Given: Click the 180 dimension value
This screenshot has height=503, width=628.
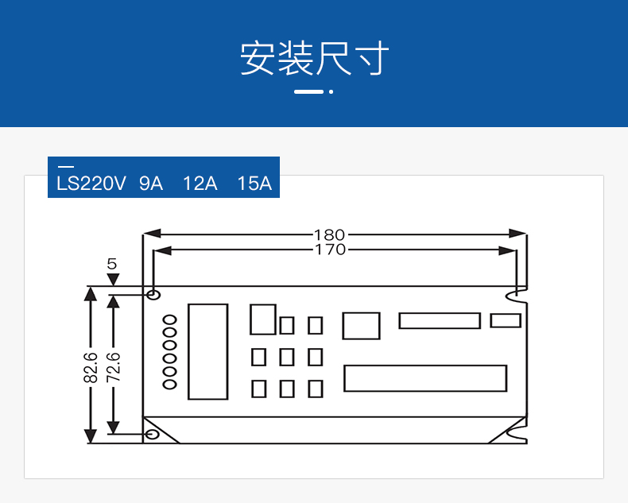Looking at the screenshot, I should tap(329, 234).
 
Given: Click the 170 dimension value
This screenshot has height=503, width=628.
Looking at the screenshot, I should tap(329, 250).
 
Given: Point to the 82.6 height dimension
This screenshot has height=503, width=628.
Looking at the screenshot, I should tap(90, 367).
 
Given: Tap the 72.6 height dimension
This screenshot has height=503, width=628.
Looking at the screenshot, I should tap(113, 367).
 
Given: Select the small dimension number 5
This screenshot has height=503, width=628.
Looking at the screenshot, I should tap(111, 263).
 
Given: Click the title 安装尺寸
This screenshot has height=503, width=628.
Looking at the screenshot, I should tap(314, 59).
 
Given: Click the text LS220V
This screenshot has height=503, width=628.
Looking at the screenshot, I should tap(91, 184).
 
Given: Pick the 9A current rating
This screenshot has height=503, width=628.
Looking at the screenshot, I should tap(151, 184).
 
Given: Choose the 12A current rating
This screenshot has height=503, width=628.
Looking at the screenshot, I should tap(200, 184).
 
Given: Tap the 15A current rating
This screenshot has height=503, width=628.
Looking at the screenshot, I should tap(254, 184).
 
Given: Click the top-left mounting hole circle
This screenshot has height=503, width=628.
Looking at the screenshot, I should tap(153, 296).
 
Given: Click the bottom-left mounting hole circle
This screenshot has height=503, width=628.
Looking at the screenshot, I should tap(153, 435).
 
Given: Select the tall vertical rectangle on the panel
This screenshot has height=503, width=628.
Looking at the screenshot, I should tap(207, 351).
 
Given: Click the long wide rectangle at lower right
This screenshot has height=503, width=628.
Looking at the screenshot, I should tap(425, 378).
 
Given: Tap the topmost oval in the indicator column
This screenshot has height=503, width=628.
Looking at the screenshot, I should tap(170, 320).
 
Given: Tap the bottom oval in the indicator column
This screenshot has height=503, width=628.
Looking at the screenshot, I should tap(170, 385).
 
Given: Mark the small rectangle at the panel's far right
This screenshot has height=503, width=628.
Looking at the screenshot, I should tap(506, 320).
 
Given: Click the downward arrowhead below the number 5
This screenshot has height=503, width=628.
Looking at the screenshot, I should tap(112, 279).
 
